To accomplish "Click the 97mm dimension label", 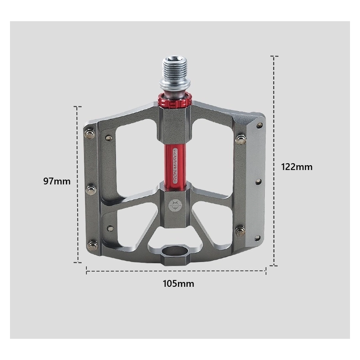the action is coord(57,181).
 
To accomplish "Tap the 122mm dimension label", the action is coord(297,167).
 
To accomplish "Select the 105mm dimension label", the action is coord(178,284).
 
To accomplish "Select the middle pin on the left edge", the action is coord(91,190).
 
